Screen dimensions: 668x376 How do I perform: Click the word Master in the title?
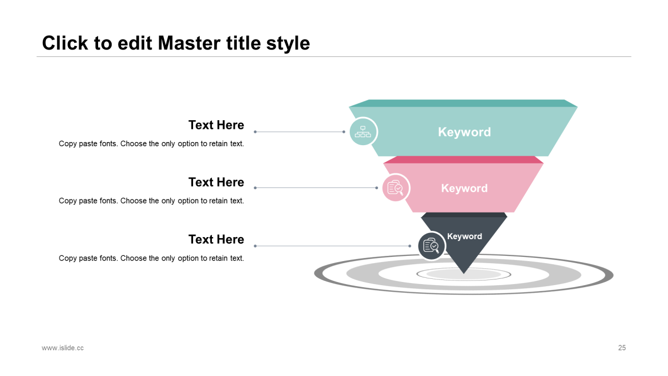tap(189, 43)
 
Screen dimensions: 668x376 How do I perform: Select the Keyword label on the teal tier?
tap(464, 132)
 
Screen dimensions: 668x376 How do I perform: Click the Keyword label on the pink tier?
tap(464, 188)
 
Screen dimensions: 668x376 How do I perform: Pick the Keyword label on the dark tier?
tap(464, 236)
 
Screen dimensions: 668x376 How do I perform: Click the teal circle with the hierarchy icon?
tap(363, 132)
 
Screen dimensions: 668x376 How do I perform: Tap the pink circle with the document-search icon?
tap(396, 187)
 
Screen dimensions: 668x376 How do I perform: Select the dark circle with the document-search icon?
tap(431, 246)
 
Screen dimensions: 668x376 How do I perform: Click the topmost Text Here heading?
tap(216, 125)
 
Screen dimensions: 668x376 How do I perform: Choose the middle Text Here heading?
tap(216, 182)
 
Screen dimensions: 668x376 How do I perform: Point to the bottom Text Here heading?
tap(216, 239)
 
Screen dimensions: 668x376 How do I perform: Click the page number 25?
tap(622, 348)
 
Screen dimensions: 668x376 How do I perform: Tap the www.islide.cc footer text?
tap(63, 348)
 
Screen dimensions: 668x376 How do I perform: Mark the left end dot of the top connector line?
tap(255, 132)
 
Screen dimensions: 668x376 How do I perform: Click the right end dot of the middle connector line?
tap(377, 187)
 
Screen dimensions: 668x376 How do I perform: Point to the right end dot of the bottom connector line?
tap(410, 246)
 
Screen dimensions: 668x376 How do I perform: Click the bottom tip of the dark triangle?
tap(464, 274)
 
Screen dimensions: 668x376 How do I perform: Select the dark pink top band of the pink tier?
tap(463, 160)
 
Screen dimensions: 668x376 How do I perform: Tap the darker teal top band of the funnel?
tap(463, 103)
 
